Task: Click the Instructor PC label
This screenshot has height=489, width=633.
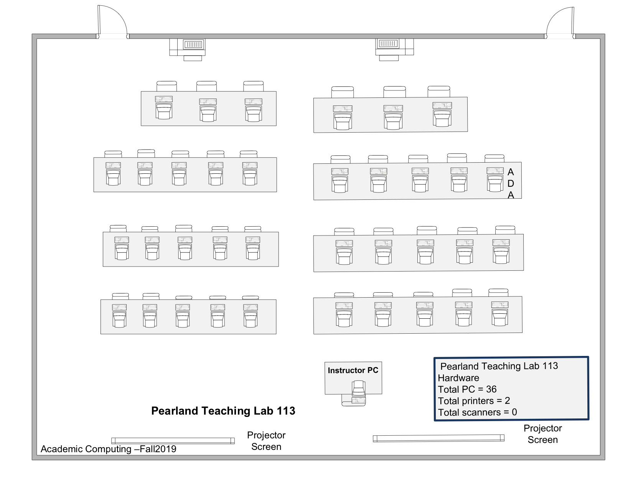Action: [x=353, y=370]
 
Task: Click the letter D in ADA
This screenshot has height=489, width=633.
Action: [x=511, y=184]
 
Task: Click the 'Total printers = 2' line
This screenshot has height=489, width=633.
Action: [x=474, y=401]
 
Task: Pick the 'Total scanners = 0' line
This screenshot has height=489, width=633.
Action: [x=477, y=412]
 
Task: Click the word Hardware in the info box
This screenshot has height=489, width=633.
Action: [x=458, y=378]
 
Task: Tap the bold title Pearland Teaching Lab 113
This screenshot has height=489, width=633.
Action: [x=223, y=411]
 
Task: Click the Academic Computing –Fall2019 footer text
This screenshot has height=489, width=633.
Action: [x=109, y=449]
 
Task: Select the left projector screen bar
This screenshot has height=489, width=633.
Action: [x=173, y=441]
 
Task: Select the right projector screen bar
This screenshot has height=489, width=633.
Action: [x=438, y=438]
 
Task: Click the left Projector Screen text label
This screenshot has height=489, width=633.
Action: [x=266, y=441]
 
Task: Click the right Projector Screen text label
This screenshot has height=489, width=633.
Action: [x=542, y=434]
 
